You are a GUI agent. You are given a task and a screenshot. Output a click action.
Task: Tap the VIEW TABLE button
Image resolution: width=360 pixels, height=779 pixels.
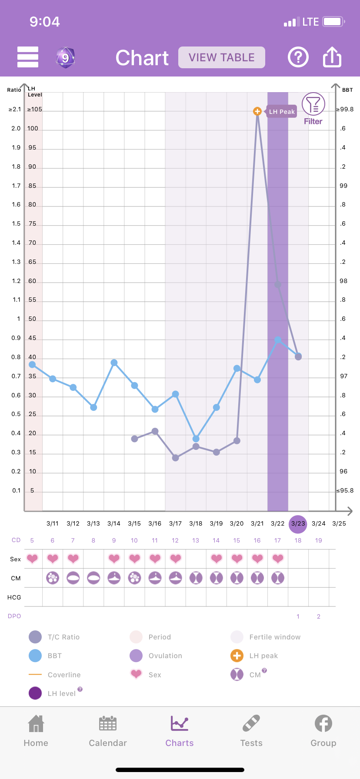(x=221, y=57)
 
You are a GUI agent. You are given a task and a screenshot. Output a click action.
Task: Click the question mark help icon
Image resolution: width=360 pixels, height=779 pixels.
(x=298, y=57)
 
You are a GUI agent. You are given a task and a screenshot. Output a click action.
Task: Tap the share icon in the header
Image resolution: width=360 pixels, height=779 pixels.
(x=332, y=57)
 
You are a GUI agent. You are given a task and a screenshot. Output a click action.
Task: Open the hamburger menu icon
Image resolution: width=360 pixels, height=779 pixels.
(x=28, y=57)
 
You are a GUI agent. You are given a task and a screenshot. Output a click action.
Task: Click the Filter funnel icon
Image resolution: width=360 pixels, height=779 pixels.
(x=313, y=104)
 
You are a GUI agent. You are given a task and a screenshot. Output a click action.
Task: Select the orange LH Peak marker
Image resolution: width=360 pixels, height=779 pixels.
(x=257, y=112)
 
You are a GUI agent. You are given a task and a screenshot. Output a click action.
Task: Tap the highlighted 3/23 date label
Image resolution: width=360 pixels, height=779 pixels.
(x=298, y=523)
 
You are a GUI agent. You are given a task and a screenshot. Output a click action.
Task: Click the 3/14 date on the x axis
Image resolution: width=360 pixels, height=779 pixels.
(x=114, y=523)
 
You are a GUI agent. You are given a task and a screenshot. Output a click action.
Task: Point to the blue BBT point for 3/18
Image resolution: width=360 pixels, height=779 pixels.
(x=196, y=439)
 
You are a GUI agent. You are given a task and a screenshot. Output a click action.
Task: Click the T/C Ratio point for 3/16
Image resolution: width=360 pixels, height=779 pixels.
(x=155, y=431)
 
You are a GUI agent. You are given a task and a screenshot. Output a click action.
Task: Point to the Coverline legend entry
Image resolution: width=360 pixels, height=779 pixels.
(x=64, y=675)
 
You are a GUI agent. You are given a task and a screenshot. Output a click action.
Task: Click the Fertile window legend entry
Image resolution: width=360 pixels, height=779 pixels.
(x=274, y=637)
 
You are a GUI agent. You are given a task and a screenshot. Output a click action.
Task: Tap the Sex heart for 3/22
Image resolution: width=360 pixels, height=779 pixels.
(x=278, y=559)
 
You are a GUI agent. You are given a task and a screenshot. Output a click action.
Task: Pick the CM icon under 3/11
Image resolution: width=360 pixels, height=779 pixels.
(x=53, y=578)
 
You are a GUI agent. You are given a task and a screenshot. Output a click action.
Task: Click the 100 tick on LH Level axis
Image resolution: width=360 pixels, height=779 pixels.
(x=33, y=129)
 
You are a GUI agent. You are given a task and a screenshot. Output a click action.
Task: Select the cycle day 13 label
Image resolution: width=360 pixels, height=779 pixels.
(x=196, y=540)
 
